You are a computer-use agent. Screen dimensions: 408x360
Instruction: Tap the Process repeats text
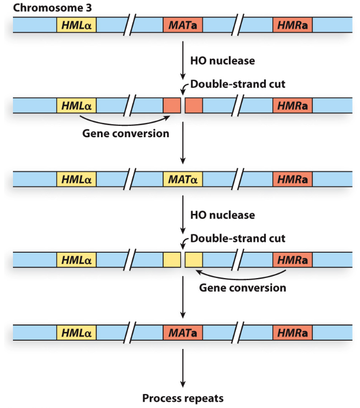pos(183,398)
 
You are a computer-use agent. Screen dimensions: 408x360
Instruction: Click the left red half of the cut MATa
pos(172,106)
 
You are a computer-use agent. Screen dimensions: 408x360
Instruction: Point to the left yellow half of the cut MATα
pos(172,259)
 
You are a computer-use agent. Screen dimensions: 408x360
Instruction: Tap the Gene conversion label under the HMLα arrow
pos(126,134)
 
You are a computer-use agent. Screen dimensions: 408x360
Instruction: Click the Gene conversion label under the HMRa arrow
pos(242,287)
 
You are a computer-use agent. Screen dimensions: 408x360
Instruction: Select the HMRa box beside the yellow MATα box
pos(292,180)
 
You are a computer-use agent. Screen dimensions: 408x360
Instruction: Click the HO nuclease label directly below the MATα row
pos(222,214)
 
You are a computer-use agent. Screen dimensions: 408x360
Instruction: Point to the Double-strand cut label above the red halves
pos(238,84)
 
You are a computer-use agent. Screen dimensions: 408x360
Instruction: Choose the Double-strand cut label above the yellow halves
pos(238,239)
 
